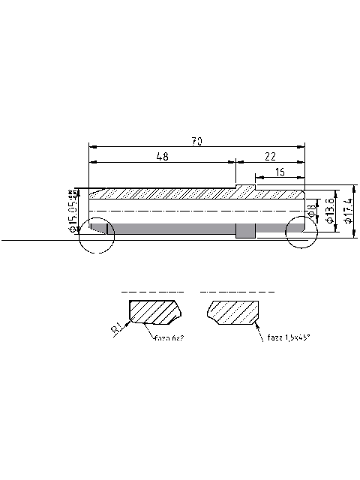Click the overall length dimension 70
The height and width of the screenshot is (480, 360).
[196, 141]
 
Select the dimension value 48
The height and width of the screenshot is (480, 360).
[161, 156]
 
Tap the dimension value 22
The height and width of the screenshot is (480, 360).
[271, 156]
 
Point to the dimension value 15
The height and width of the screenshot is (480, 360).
[279, 172]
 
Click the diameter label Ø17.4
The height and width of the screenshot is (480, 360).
[349, 211]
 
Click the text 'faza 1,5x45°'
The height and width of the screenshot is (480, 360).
[289, 338]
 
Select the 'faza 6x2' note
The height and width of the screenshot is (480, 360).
[169, 338]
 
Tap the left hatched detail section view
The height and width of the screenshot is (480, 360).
[154, 311]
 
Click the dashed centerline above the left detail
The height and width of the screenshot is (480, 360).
[152, 290]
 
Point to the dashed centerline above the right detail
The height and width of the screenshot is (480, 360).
[237, 291]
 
